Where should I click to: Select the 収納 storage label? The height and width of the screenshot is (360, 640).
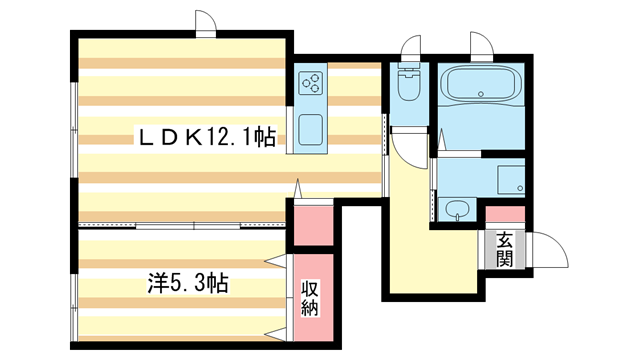click(310, 297)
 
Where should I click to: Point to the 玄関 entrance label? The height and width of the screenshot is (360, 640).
click(503, 249)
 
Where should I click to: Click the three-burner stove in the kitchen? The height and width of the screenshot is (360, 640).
click(312, 83)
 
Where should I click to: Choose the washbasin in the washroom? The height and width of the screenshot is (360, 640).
click(456, 210)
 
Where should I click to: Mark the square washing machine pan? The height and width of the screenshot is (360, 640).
click(511, 178)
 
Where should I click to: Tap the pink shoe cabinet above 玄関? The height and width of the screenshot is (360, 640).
click(503, 214)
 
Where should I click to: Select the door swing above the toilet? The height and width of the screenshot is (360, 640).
click(410, 46)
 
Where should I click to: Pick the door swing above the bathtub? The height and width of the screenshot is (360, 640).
click(481, 45)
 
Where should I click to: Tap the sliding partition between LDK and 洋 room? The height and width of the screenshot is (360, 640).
click(180, 226)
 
